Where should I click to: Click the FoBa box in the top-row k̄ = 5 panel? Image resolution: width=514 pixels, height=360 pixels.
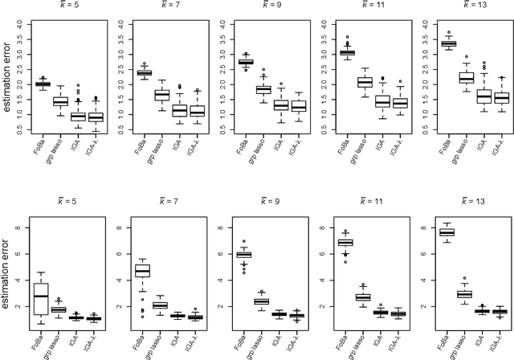(43, 84)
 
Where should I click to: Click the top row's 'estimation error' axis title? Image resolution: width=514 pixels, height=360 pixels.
(7, 85)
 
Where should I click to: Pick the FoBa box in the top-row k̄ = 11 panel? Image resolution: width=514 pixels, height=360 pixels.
(346, 52)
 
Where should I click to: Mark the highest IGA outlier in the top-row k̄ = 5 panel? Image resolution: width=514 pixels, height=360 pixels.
(78, 86)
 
